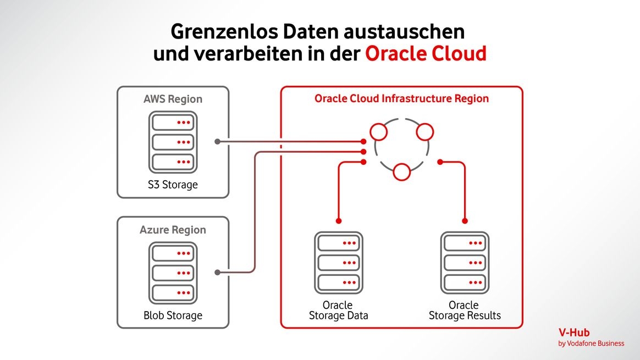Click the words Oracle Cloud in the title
pyautogui.click(x=426, y=54)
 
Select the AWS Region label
pyautogui.click(x=173, y=99)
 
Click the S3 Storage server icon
pyautogui.click(x=173, y=142)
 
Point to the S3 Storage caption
pyautogui.click(x=173, y=185)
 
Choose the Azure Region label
pyautogui.click(x=173, y=230)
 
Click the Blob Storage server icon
pyautogui.click(x=173, y=273)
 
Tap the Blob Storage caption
pyautogui.click(x=173, y=315)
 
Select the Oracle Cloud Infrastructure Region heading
pyautogui.click(x=401, y=99)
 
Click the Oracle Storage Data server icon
pyautogui.click(x=339, y=263)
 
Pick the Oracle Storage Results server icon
pyautogui.click(x=465, y=263)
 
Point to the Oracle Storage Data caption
pyautogui.click(x=338, y=310)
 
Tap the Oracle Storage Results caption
pyautogui.click(x=465, y=310)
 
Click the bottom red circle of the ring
pyautogui.click(x=402, y=173)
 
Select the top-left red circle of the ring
pyautogui.click(x=379, y=132)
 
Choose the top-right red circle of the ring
pyautogui.click(x=425, y=132)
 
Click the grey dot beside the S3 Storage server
pyautogui.click(x=218, y=142)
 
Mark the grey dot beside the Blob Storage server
pyautogui.click(x=218, y=272)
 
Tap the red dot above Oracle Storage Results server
pyautogui.click(x=465, y=221)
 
